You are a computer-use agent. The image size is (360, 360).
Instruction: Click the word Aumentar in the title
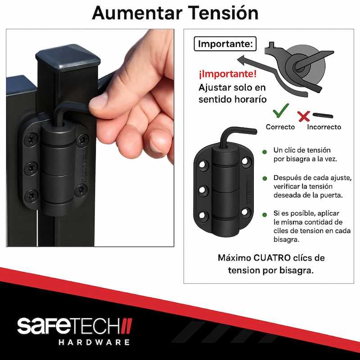coord(137,13)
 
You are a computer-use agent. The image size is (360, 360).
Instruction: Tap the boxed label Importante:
coord(225,44)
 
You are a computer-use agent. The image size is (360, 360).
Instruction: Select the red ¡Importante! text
coord(228,74)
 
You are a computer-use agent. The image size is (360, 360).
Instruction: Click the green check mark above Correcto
coord(281,110)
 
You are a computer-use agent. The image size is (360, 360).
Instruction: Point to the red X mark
coord(304,116)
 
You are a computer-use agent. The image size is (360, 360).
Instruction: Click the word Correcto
coord(280,127)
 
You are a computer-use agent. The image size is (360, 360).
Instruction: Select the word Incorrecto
coord(324,127)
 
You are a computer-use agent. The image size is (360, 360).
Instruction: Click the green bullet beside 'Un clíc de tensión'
coord(265,152)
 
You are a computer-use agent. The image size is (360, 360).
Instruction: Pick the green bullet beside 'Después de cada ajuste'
coord(265,178)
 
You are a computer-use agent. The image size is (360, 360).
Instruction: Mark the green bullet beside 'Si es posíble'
coord(265,215)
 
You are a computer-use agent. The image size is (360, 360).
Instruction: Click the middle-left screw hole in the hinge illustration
coord(202,190)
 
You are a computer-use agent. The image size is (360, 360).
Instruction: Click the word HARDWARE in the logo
coord(94,342)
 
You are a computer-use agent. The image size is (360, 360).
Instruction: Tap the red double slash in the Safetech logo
coord(126,326)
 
